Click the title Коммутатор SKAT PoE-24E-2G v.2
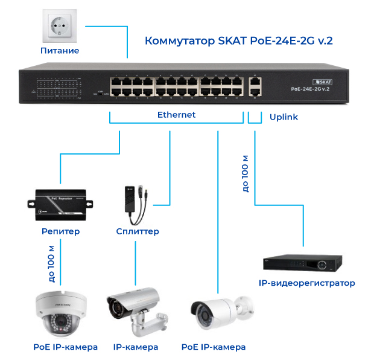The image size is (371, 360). (239, 41)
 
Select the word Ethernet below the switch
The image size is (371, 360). (176, 115)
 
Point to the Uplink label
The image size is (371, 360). (284, 117)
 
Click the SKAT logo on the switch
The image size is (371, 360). (324, 80)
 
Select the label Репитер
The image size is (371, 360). (61, 231)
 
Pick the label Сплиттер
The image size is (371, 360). (138, 231)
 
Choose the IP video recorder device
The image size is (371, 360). (302, 263)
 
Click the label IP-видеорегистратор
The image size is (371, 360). (306, 283)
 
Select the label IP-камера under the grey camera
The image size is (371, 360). (136, 347)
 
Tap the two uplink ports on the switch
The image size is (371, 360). (255, 86)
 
